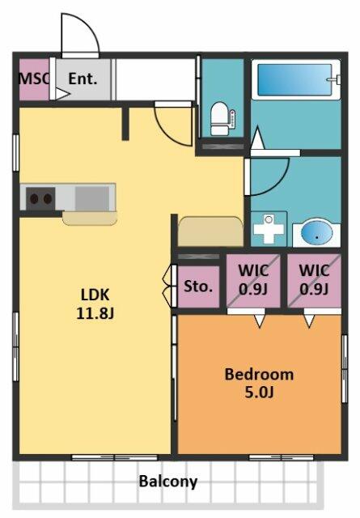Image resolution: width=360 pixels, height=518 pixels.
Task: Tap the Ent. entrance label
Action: [x=83, y=79]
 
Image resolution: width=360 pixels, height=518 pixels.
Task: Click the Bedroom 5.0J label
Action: [x=259, y=384]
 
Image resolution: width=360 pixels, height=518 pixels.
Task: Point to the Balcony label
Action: [x=167, y=482]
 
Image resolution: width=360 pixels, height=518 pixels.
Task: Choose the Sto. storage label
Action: [x=199, y=286]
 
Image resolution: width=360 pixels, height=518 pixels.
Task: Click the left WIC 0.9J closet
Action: [x=254, y=280]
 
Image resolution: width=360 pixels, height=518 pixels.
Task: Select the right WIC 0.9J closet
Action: [x=314, y=280]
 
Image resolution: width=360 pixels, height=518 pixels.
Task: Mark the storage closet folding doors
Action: [x=169, y=286]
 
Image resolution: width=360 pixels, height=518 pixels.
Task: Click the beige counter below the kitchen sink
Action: [x=89, y=218]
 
